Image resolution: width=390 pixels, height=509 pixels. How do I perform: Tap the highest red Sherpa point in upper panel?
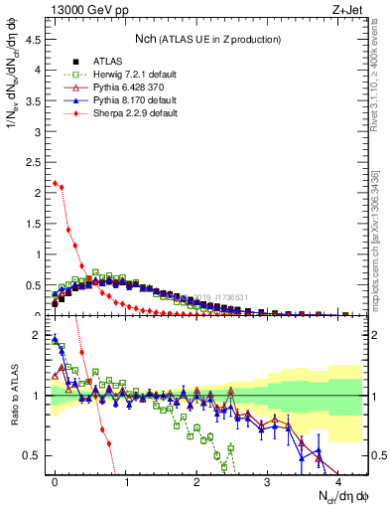point(55,183)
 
